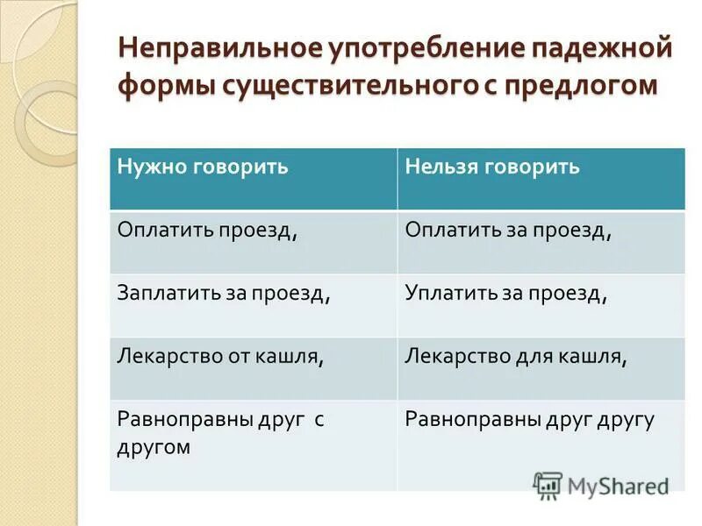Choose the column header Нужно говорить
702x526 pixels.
coord(203,167)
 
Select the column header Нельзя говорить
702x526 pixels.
coord(492,167)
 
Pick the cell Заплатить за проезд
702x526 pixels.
coord(225,294)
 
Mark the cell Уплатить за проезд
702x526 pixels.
coord(506,294)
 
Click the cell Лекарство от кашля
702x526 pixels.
coord(222,357)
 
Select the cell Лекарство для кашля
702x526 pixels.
coord(516,357)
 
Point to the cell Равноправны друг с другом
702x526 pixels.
coord(221,432)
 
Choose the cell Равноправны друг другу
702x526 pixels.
coord(530,420)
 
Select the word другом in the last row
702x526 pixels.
coord(154,447)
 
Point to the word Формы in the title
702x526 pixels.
coord(159,86)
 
